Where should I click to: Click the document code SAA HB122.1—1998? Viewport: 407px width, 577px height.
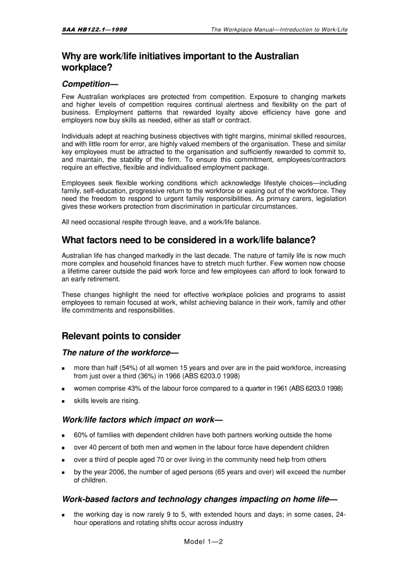click(94, 30)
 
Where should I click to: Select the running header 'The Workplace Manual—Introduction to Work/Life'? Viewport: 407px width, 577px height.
click(279, 30)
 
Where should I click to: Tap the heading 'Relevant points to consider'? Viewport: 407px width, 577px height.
click(121, 336)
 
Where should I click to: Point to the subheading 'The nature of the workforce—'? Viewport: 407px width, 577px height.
click(120, 353)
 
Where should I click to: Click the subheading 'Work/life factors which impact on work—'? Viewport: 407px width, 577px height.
click(142, 420)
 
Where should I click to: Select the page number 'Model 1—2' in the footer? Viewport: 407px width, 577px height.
click(203, 541)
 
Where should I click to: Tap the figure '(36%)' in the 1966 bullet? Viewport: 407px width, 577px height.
click(147, 376)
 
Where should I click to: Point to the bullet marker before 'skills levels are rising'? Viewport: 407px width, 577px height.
click(63, 402)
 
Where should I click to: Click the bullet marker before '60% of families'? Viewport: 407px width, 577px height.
click(63, 435)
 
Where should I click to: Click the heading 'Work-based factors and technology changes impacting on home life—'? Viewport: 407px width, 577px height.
click(200, 499)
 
